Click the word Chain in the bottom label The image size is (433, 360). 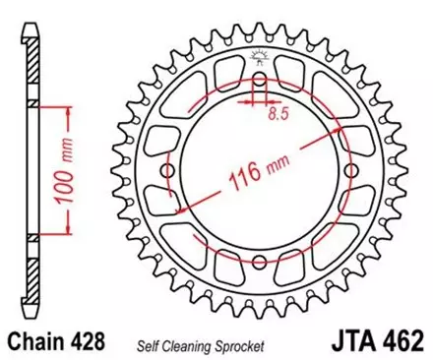(x=39, y=338)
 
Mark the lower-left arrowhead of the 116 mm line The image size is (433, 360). (x=177, y=211)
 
